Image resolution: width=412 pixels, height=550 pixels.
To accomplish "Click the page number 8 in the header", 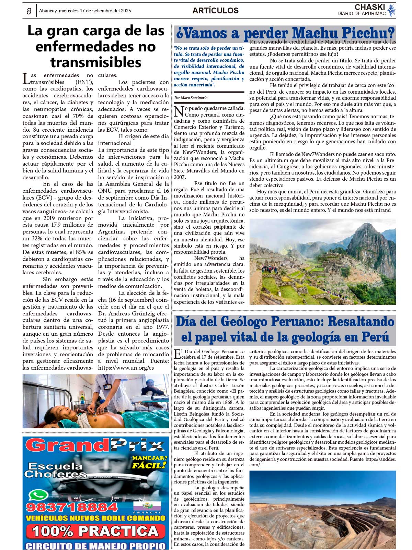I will (29, 11).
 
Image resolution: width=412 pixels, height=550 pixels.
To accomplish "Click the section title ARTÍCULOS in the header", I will (215, 11).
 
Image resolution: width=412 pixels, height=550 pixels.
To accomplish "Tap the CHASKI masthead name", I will (369, 7).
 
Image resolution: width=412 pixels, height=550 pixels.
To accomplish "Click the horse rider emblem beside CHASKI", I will (391, 10).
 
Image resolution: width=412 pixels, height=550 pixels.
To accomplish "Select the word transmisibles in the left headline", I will (96, 62).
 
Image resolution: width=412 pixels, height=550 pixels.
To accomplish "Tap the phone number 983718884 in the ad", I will (72, 507).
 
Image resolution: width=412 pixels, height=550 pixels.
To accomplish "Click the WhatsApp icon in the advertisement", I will (38, 495).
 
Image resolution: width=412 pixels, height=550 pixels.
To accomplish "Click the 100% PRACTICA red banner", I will (95, 531).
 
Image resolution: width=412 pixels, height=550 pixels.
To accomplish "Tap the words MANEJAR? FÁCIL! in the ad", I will (149, 462).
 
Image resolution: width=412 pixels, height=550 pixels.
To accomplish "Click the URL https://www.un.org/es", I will (126, 368).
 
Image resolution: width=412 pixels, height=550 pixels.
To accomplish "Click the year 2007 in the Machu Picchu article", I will (180, 177).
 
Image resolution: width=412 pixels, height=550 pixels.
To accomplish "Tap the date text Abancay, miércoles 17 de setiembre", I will (85, 11).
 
